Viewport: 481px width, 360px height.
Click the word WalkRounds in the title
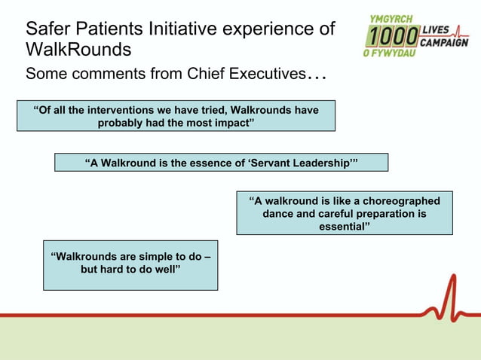coord(78,50)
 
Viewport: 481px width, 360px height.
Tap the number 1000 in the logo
coord(392,36)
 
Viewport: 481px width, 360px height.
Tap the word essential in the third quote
coord(345,227)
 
